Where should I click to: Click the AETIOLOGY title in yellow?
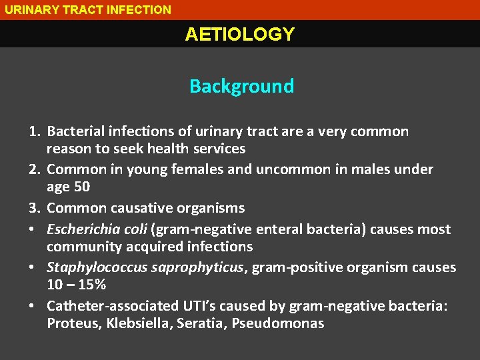[239, 35]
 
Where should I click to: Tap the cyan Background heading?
[241, 86]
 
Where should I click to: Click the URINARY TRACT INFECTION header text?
[88, 9]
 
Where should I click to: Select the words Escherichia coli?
[97, 229]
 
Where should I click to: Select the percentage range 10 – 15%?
[77, 285]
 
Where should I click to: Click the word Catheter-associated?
[106, 305]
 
